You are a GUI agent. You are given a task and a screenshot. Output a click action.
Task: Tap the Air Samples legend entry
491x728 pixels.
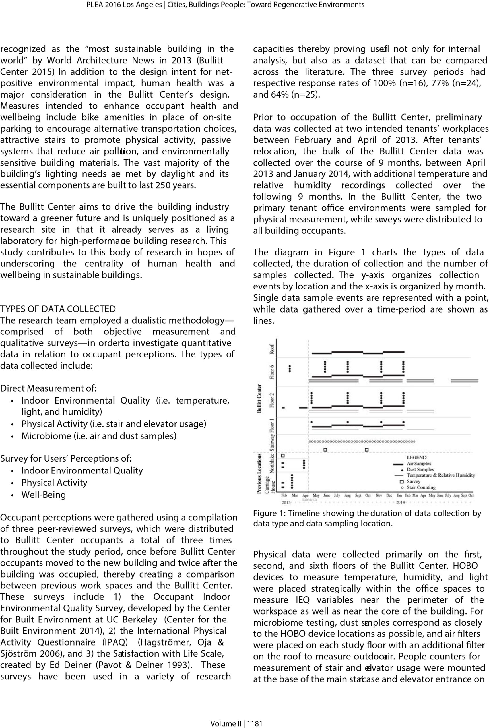418,464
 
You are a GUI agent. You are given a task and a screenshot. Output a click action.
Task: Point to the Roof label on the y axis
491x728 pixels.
272,349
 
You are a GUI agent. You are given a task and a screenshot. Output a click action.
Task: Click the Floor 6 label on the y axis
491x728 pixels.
272,372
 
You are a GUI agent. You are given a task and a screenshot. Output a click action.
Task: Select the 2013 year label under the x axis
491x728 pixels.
286,502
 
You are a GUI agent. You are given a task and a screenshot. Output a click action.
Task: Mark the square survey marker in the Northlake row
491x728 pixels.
283,456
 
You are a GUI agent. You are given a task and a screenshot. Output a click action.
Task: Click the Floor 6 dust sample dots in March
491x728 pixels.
290,368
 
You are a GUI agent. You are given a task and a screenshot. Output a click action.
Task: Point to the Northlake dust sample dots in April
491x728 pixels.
304,464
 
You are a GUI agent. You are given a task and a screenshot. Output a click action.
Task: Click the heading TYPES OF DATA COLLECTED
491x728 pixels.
58,309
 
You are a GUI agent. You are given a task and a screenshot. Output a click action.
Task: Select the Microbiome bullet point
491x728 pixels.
99,436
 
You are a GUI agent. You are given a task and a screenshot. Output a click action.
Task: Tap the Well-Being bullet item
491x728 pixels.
44,495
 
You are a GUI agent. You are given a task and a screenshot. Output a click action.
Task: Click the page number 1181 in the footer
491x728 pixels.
255,723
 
